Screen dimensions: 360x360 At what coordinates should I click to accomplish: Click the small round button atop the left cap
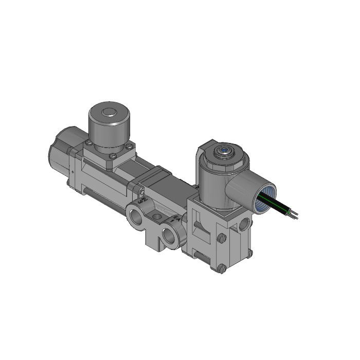109,113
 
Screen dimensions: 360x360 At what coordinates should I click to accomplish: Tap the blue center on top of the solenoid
224,151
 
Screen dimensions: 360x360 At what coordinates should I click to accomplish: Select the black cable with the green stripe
280,206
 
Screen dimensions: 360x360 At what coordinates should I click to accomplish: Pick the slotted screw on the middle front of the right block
221,239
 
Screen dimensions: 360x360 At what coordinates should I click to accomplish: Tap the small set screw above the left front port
141,192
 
